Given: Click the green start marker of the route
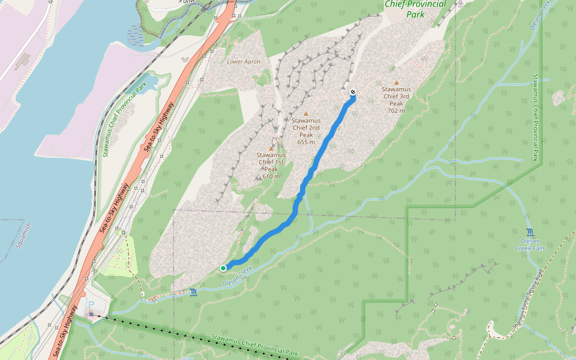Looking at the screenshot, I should [223, 268].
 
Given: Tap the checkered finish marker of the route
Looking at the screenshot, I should [353, 92].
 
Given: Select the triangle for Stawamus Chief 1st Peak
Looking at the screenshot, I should [271, 148].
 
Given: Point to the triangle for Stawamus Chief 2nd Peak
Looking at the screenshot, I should [306, 113].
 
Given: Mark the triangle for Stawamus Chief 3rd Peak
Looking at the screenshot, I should [396, 83].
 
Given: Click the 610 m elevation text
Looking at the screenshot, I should [271, 176].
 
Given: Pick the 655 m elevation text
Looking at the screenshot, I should [306, 142].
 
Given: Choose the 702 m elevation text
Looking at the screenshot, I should [396, 110].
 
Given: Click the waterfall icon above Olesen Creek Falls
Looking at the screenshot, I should [529, 232].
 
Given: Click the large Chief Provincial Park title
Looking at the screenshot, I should [415, 9].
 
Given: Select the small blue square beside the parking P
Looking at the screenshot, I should [91, 314].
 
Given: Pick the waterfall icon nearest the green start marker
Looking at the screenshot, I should [193, 292].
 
